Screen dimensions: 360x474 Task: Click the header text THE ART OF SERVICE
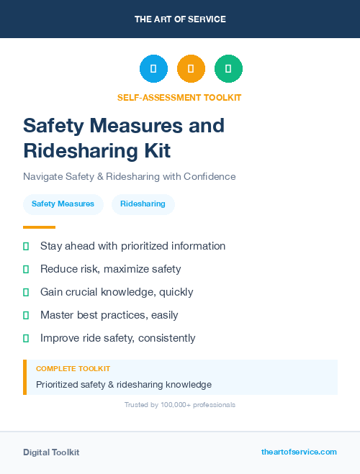tap(180, 19)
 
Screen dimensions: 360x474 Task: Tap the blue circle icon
tap(153, 68)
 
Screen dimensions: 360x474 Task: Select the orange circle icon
tap(191, 68)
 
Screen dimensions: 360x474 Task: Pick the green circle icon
tap(228, 68)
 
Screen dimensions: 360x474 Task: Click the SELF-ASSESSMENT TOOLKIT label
tap(179, 97)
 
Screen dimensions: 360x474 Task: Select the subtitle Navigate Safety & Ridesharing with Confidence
tap(129, 176)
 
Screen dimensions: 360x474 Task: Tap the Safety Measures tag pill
tap(63, 204)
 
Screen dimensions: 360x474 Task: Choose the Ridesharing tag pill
tap(143, 204)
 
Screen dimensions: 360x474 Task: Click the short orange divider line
tap(39, 227)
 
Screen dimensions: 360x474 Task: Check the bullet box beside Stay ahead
tap(26, 246)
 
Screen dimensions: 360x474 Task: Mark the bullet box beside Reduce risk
tap(26, 269)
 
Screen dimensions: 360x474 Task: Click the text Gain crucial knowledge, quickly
tap(117, 292)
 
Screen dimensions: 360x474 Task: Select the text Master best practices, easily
tap(109, 315)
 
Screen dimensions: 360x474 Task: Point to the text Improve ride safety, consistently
tap(117, 338)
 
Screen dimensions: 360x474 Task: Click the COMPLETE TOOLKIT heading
tap(73, 368)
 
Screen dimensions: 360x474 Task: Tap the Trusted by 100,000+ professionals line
tap(179, 405)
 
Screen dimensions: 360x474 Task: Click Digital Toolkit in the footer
tap(51, 452)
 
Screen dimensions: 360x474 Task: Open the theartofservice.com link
tap(299, 452)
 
